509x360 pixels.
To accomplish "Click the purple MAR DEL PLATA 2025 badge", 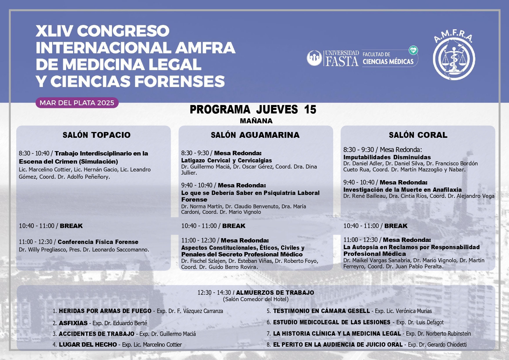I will pyautogui.click(x=77, y=103).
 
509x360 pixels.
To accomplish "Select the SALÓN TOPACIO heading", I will pyautogui.click(x=97, y=135).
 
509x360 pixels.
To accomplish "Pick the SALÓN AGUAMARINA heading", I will pyautogui.click(x=255, y=135).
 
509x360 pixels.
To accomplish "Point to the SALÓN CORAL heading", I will pyautogui.click(x=418, y=135).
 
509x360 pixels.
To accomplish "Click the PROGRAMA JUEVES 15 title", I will pyautogui.click(x=253, y=110).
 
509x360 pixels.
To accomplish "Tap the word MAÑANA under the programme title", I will pyautogui.click(x=256, y=121).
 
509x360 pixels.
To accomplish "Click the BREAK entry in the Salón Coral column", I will pyautogui.click(x=396, y=226).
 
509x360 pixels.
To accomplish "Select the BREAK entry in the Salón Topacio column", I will pyautogui.click(x=71, y=226).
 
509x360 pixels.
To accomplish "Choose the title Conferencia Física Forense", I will pyautogui.click(x=98, y=242).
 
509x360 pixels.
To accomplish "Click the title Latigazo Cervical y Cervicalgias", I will pyautogui.click(x=227, y=160).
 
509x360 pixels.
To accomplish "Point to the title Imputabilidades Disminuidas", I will pyautogui.click(x=387, y=157).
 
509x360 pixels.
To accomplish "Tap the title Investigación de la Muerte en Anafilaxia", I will pyautogui.click(x=402, y=190).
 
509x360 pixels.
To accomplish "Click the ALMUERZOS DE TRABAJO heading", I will pyautogui.click(x=275, y=292).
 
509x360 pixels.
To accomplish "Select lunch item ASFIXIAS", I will pyautogui.click(x=73, y=323).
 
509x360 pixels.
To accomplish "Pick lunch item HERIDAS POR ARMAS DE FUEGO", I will pyautogui.click(x=105, y=311).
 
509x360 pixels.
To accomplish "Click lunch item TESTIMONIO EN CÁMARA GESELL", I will pyautogui.click(x=321, y=311).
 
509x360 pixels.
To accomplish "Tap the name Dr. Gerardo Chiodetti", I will pyautogui.click(x=442, y=345).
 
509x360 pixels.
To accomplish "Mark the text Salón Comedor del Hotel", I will pyautogui.click(x=256, y=299).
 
